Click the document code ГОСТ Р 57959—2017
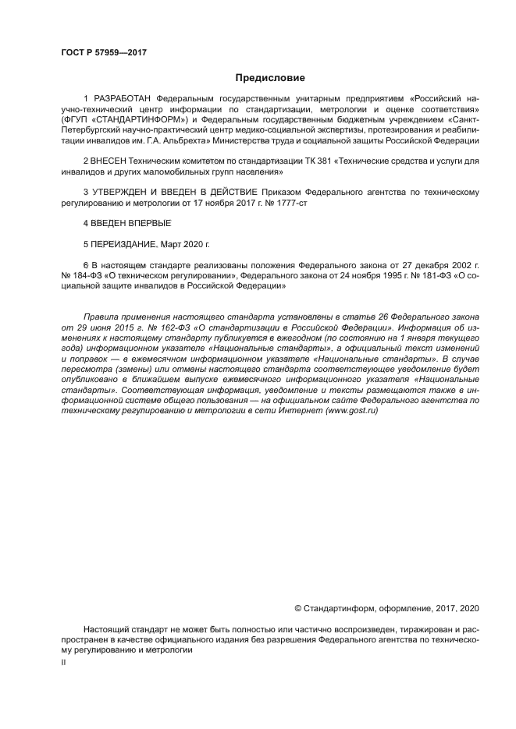(103, 53)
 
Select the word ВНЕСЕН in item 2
(112, 161)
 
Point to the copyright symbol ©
(297, 607)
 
